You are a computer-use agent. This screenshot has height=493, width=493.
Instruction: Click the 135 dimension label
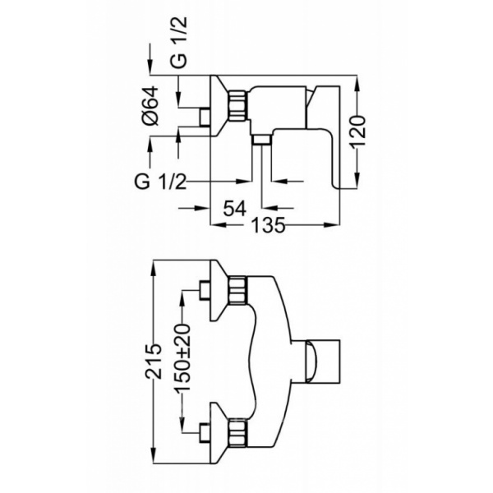(268, 225)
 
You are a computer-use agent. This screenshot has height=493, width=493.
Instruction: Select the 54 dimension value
(234, 208)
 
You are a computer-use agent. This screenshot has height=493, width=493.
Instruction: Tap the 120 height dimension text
(358, 132)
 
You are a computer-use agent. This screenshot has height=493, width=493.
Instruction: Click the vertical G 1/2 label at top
(178, 42)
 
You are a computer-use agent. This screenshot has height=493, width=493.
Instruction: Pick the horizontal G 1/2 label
(160, 182)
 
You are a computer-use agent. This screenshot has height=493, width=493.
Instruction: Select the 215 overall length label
(153, 362)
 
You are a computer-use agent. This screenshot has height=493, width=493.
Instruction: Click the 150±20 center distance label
(182, 357)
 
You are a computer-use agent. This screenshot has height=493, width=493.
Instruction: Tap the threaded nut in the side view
(238, 105)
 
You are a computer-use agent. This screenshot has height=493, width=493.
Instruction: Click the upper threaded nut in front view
(238, 290)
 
